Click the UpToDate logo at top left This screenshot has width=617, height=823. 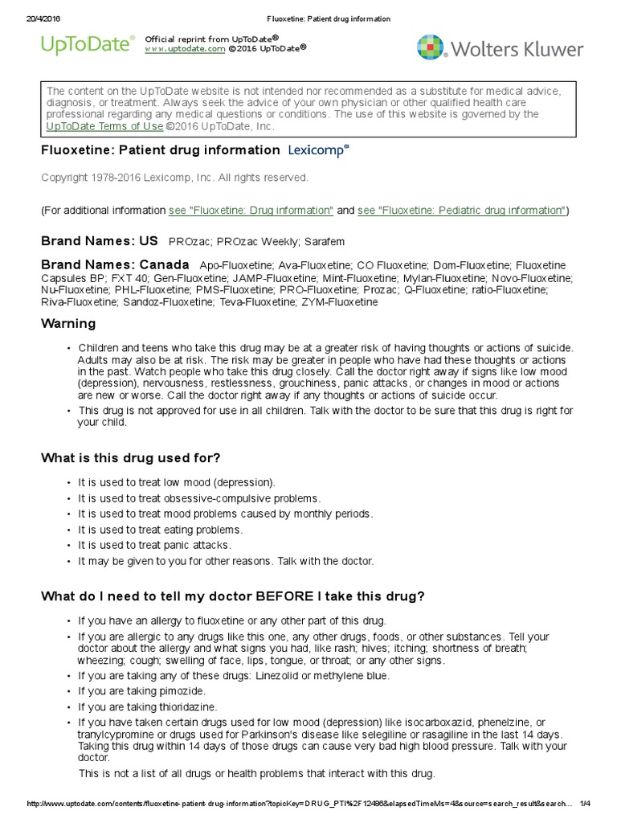click(x=88, y=45)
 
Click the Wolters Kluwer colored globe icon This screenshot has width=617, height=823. click(x=431, y=47)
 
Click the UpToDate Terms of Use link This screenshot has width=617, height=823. click(x=104, y=127)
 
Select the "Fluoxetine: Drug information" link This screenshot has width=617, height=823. click(x=251, y=211)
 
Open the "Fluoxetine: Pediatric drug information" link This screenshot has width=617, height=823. click(x=461, y=211)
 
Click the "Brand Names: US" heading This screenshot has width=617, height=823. click(x=100, y=241)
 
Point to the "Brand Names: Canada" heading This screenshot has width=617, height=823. click(x=115, y=265)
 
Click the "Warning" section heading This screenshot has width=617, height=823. click(x=68, y=324)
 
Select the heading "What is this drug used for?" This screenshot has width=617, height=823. click(x=131, y=458)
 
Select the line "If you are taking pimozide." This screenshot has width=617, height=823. click(x=141, y=691)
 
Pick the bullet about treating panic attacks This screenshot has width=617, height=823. click(x=153, y=546)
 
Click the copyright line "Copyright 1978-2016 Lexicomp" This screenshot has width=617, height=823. click(x=174, y=178)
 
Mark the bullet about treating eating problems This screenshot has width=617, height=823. click(x=160, y=530)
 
